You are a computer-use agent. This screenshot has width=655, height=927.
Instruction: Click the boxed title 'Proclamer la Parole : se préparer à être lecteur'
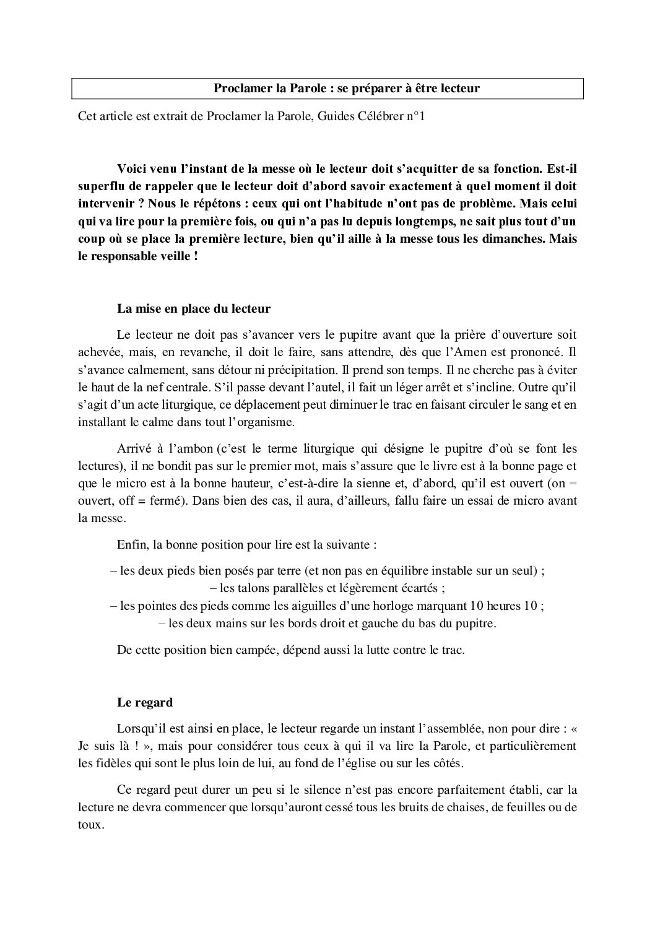[346, 89]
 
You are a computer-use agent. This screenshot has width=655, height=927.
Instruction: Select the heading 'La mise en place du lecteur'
[193, 308]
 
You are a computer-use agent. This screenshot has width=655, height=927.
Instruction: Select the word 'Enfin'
[130, 546]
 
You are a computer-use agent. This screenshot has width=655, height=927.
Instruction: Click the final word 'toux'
[90, 825]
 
